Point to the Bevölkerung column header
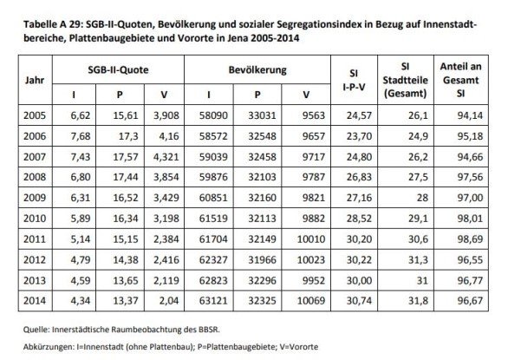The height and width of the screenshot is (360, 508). coord(258,69)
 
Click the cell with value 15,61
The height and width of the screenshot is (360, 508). coord(128,115)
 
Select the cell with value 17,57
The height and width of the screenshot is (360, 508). coord(128,155)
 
